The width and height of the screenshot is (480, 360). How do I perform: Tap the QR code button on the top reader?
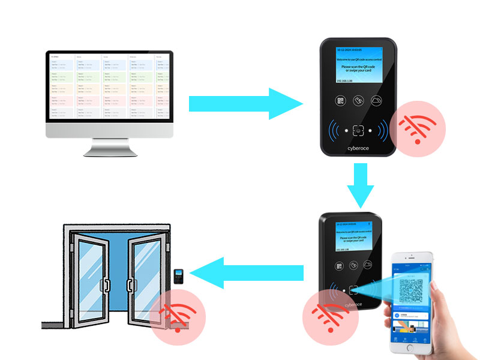point(340,101)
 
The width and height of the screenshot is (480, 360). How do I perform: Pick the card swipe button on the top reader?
point(359,101)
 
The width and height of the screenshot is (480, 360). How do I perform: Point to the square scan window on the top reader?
point(359,128)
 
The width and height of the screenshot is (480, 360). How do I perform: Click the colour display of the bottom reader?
point(352,239)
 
